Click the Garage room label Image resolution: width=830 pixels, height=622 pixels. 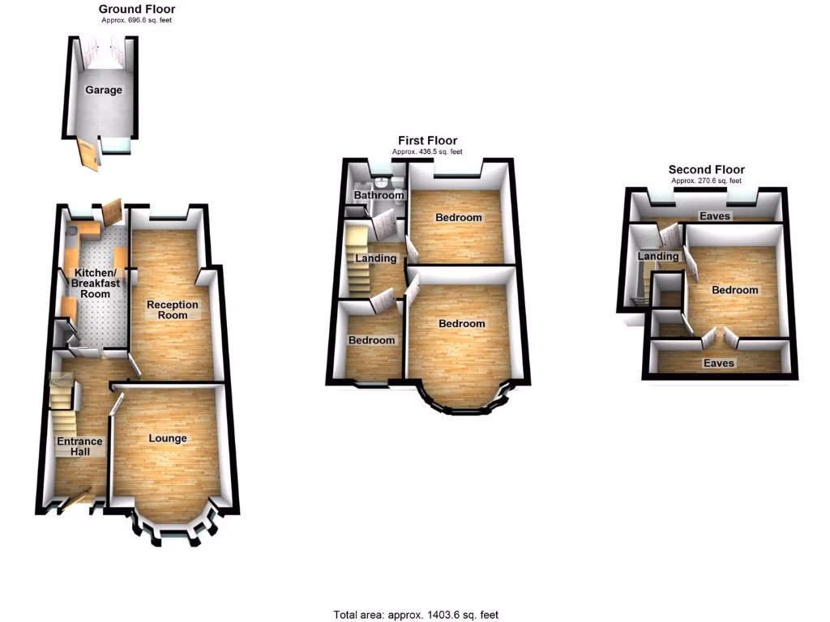coord(105,90)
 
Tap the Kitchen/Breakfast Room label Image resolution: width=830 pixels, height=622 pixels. coord(96,283)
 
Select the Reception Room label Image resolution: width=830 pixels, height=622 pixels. coord(172,309)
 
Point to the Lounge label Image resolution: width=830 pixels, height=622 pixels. coord(168,438)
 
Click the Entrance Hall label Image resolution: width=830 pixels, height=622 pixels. coord(79,446)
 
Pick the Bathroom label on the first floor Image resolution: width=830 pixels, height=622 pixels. coord(379,195)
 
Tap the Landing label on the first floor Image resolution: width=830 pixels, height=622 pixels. coord(376,258)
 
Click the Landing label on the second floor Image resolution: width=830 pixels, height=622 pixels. coord(657,257)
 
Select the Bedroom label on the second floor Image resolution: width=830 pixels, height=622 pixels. coord(734,290)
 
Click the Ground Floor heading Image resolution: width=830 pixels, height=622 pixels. coord(137,9)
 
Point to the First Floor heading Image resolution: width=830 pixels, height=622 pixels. coord(427,141)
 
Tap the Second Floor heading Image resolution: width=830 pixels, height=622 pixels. coord(706,169)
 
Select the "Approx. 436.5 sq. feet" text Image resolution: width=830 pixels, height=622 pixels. coord(427,151)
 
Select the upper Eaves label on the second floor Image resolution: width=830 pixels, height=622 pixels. coord(716,216)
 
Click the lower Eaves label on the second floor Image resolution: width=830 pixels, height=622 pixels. coord(718,364)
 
